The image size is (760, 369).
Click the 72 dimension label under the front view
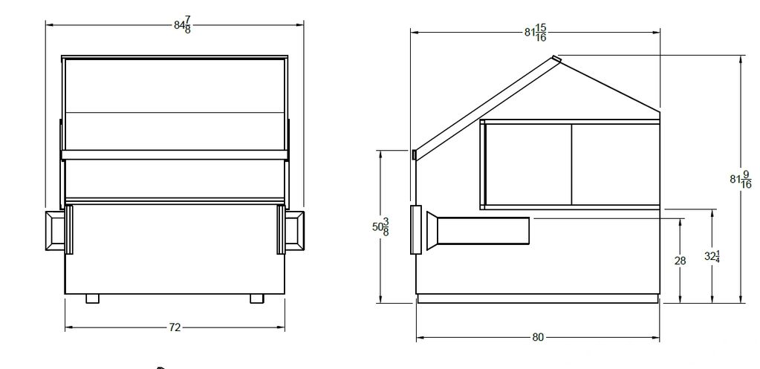(x=175, y=327)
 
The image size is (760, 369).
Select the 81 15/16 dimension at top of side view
(x=535, y=33)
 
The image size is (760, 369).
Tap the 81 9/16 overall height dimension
(x=740, y=179)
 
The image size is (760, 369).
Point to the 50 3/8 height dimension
(x=380, y=226)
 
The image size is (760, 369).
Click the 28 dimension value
(x=680, y=261)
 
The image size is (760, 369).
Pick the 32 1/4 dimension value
(x=712, y=257)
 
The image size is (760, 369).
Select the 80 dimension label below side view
(x=537, y=337)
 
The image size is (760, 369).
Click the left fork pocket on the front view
(x=58, y=229)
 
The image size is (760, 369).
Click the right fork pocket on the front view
(x=292, y=229)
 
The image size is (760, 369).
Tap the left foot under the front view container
(x=92, y=298)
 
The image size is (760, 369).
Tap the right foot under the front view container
(x=256, y=298)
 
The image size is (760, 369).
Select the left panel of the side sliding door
(x=528, y=164)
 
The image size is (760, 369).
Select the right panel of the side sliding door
(x=615, y=164)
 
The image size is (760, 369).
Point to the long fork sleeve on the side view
(x=483, y=230)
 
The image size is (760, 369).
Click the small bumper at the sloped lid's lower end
(x=413, y=154)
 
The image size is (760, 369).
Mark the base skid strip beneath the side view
(x=537, y=298)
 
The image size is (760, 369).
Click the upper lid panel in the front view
(x=175, y=85)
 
